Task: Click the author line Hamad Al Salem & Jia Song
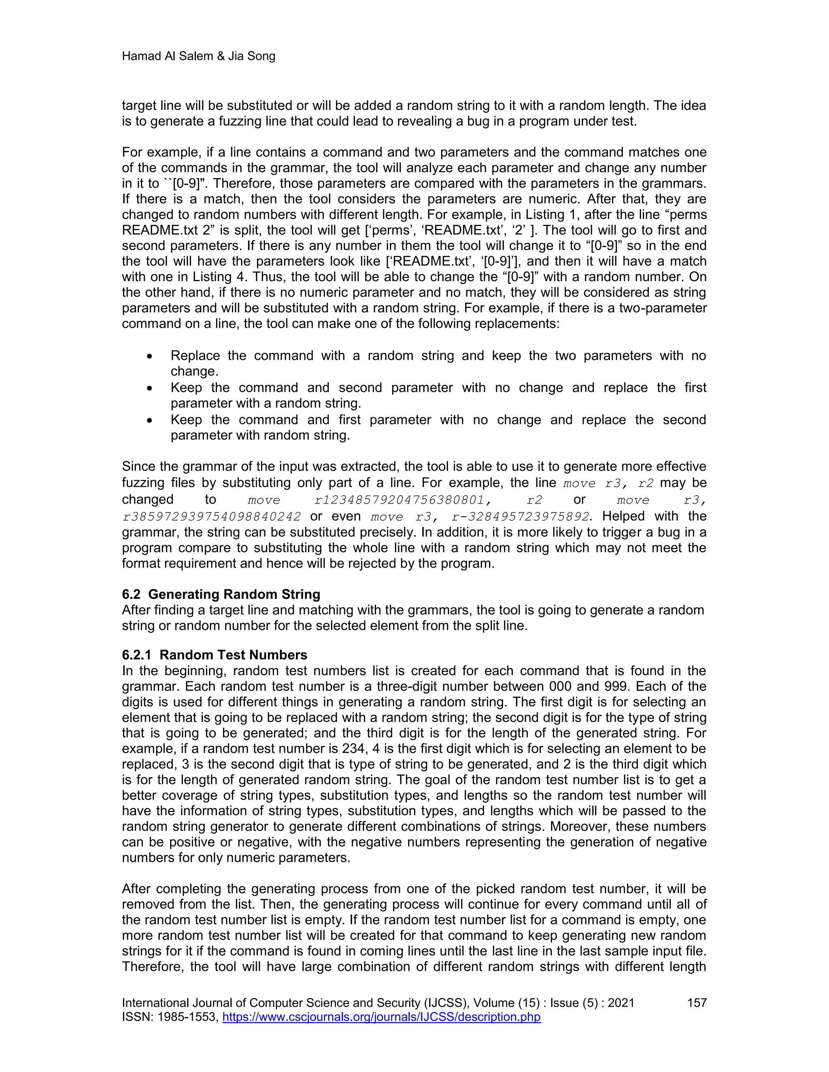pyautogui.click(x=198, y=57)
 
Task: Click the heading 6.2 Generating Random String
pyautogui.click(x=221, y=594)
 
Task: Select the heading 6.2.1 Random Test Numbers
pyautogui.click(x=215, y=655)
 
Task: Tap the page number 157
pyautogui.click(x=696, y=1003)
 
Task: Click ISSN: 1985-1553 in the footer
pyautogui.click(x=170, y=1017)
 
